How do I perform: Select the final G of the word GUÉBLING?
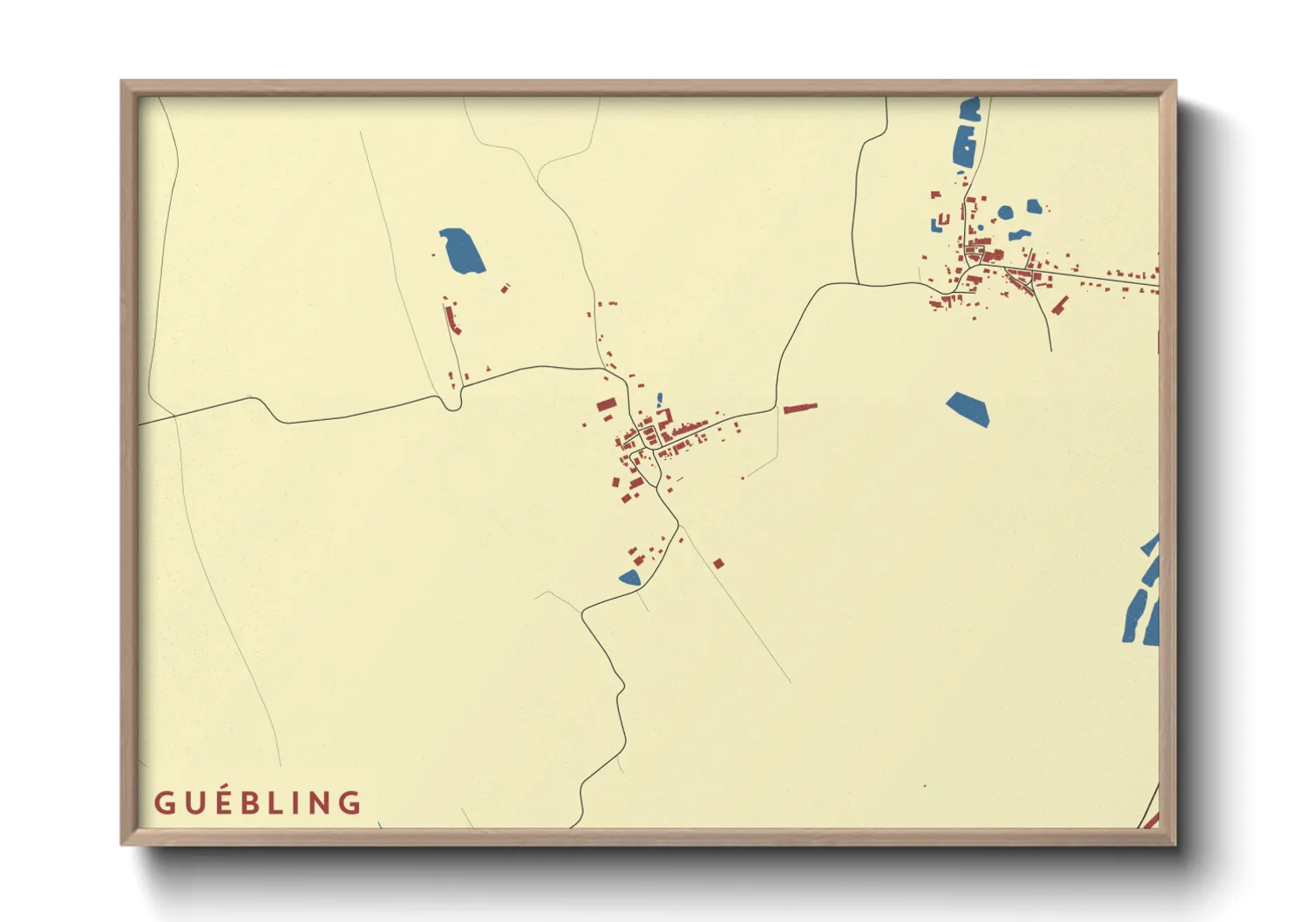(350, 803)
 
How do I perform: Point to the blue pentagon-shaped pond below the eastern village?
(968, 409)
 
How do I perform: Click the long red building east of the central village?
(799, 407)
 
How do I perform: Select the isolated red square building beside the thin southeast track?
(718, 564)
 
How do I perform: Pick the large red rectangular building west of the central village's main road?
(607, 404)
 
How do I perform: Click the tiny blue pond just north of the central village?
(660, 399)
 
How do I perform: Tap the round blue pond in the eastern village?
(1005, 212)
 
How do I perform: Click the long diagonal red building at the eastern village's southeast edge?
(1060, 305)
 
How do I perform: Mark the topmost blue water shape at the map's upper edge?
(970, 109)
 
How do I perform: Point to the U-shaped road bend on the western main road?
(451, 403)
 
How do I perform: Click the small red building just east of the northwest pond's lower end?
(505, 287)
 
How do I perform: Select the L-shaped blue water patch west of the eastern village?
(939, 223)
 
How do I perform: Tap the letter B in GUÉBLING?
(257, 803)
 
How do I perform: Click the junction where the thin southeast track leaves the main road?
(678, 523)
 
